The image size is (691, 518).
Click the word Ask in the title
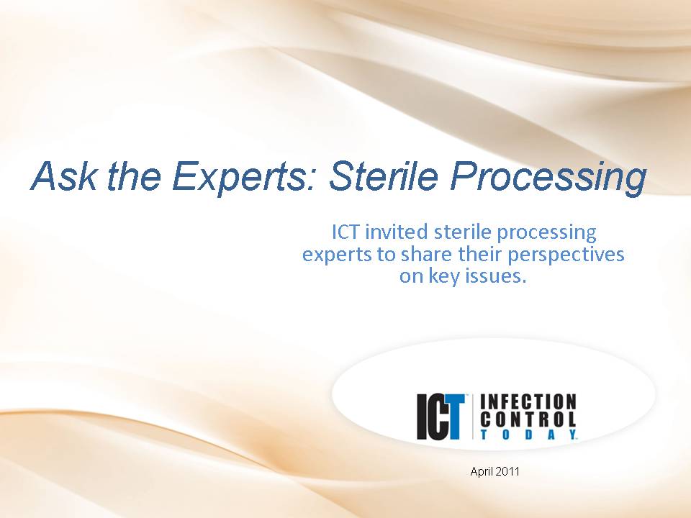pyautogui.click(x=64, y=176)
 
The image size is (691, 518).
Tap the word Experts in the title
pyautogui.click(x=244, y=177)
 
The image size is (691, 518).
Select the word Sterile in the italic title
pyautogui.click(x=384, y=176)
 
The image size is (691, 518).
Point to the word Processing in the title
pyautogui.click(x=548, y=177)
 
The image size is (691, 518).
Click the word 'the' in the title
pyautogui.click(x=134, y=176)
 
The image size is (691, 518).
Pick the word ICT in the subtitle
pyautogui.click(x=346, y=232)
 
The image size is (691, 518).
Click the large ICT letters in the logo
pyautogui.click(x=441, y=417)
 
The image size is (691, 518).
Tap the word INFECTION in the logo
pyautogui.click(x=528, y=402)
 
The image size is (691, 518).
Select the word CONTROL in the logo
pyautogui.click(x=528, y=419)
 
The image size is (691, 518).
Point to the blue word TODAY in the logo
pyautogui.click(x=528, y=435)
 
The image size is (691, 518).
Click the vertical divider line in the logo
pyautogui.click(x=472, y=417)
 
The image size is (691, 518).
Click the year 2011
pyautogui.click(x=507, y=472)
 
